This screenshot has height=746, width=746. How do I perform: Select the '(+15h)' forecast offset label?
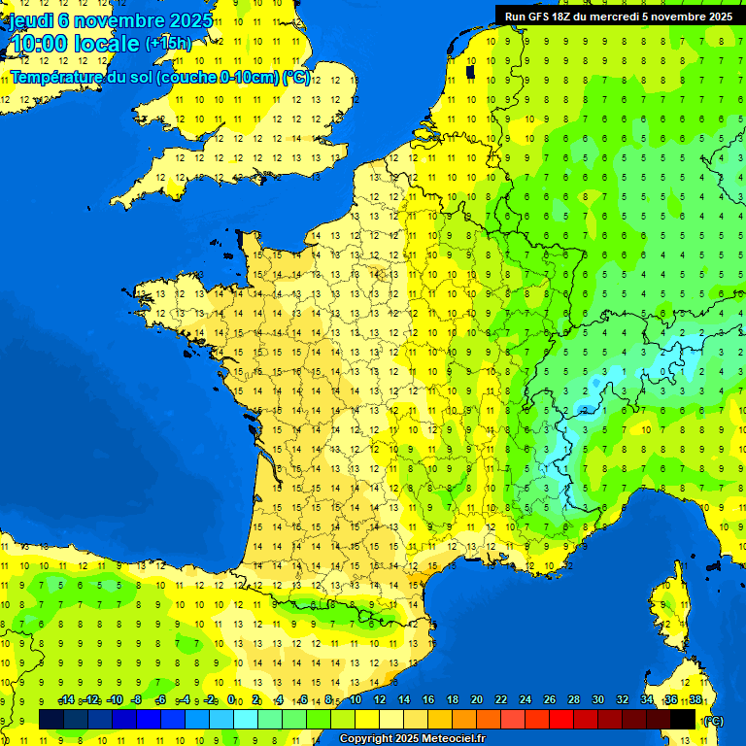[x=169, y=43]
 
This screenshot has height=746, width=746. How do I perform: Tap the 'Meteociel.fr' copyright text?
[x=452, y=739]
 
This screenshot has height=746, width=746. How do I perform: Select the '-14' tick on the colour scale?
[x=67, y=699]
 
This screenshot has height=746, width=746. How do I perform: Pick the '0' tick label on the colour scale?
[x=231, y=699]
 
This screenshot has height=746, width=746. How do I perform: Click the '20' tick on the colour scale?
[x=476, y=699]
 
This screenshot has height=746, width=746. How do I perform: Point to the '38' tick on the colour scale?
[x=695, y=699]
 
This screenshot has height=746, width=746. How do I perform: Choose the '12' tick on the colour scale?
[x=379, y=699]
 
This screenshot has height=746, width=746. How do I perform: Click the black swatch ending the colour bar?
[x=683, y=719]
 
